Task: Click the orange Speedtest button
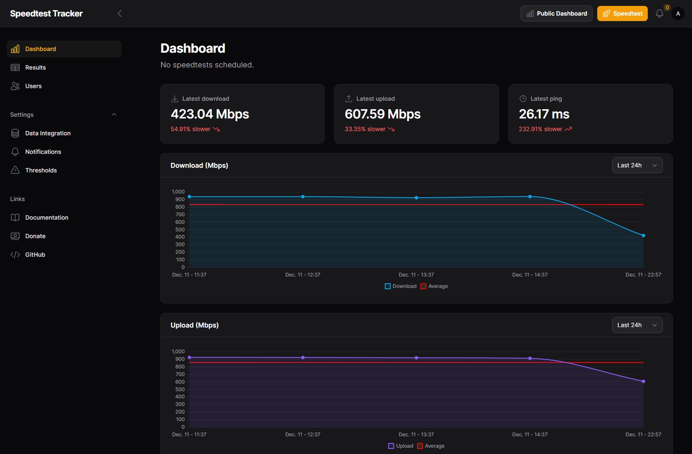[622, 13]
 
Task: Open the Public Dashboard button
[556, 13]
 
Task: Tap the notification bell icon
[660, 14]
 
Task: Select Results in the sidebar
[35, 67]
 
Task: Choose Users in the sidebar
[33, 86]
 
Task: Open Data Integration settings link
[48, 133]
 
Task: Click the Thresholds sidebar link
[41, 170]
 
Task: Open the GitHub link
[35, 255]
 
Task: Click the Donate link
[35, 236]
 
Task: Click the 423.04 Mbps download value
[210, 114]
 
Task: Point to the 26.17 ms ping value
[544, 114]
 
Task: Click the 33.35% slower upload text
[365, 129]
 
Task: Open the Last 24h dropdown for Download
[637, 165]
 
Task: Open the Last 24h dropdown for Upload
[637, 325]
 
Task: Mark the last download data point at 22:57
[643, 236]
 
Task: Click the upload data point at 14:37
[530, 358]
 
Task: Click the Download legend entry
[401, 286]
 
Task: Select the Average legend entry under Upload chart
[431, 446]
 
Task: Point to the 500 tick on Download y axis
[180, 230]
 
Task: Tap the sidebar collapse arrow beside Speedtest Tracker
[120, 13]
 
